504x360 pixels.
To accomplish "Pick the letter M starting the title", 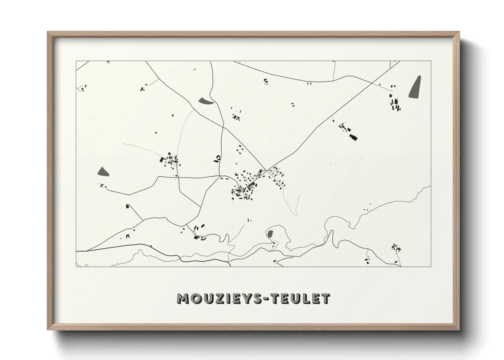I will click(x=184, y=299).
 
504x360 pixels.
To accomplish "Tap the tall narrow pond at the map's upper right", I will click(x=415, y=87).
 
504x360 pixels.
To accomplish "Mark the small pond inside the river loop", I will click(x=270, y=234).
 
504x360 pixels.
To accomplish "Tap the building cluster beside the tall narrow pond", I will click(x=395, y=103).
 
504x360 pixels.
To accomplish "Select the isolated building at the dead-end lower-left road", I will click(x=128, y=206).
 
